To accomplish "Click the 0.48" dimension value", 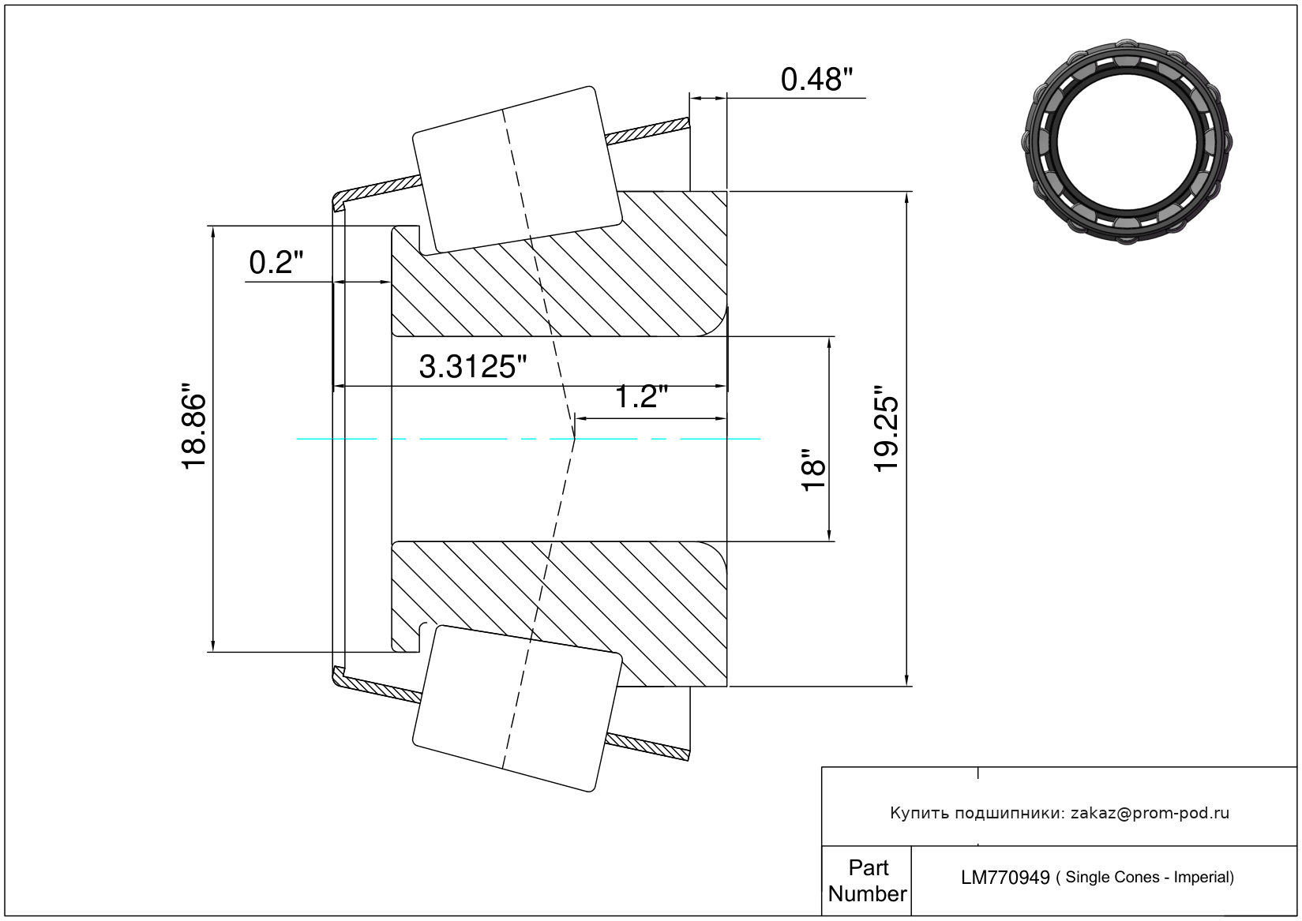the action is (816, 80).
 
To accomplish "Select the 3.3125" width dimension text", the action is (472, 367).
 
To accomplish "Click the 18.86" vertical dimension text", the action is (194, 426).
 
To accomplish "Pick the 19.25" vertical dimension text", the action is (887, 429).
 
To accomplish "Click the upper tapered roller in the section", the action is (517, 170).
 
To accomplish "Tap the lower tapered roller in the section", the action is (517, 709).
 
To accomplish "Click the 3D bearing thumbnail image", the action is (1127, 142).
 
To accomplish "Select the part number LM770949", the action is (1005, 878).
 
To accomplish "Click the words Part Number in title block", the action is (867, 880).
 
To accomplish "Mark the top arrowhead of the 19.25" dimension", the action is (906, 197).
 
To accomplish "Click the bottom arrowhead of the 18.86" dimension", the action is (213, 645).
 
